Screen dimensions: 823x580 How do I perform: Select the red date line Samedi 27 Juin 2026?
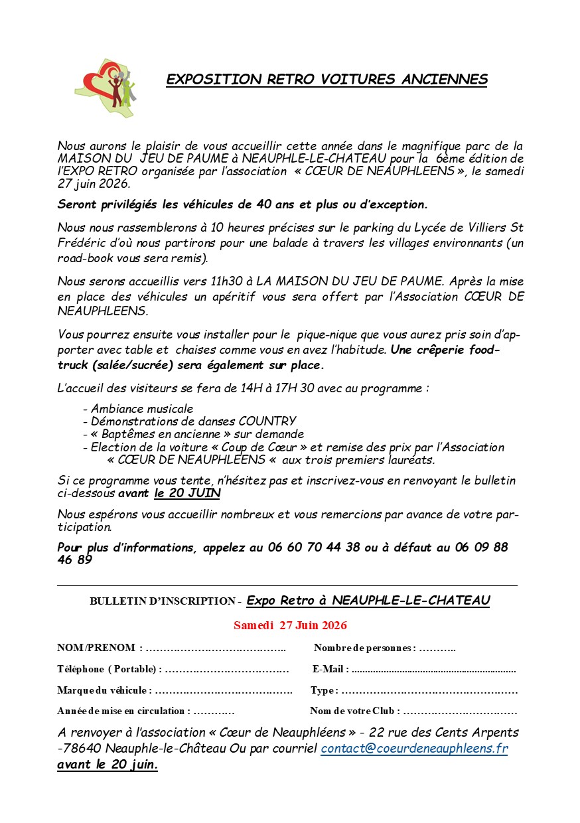point(290,625)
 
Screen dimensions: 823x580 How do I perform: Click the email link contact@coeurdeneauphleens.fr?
point(414,748)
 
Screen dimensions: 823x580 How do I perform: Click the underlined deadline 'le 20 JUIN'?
point(187,493)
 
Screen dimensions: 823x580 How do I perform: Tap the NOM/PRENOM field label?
point(96,648)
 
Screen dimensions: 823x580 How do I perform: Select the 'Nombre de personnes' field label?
point(364,648)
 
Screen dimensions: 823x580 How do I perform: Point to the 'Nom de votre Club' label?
point(354,711)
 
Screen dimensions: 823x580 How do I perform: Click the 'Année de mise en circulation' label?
point(122,711)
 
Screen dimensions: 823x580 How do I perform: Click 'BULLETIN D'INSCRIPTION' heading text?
point(163,601)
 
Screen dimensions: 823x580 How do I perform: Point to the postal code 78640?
point(82,748)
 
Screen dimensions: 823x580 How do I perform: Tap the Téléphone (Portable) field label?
point(106,669)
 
